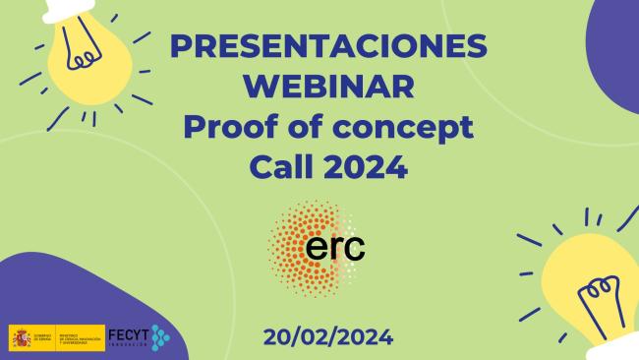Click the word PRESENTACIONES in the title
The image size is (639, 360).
tap(327, 47)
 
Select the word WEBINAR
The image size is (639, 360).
tap(327, 88)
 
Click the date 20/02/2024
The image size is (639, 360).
tap(328, 337)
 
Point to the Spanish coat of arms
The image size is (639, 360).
tap(21, 337)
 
